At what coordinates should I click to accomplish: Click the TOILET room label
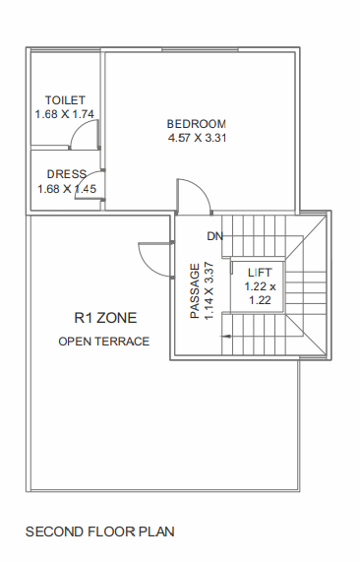pos(65,100)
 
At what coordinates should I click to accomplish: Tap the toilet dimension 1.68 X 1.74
pos(65,114)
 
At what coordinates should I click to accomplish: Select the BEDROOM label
pos(197,124)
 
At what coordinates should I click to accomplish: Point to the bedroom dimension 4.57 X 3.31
pos(197,138)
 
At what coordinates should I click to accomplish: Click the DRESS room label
pos(66,174)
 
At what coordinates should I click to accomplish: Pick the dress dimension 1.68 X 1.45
pos(66,188)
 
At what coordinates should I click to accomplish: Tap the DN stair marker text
pos(214,236)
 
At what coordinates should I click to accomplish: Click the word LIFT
pos(260,272)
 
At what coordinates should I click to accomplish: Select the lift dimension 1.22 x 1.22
pos(260,293)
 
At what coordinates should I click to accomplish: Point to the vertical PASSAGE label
pos(195,290)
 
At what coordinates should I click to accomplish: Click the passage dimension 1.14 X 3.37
pos(209,290)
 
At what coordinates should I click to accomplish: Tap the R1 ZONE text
pos(104,318)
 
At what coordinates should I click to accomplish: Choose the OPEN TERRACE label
pos(104,342)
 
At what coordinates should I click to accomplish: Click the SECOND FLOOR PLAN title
pos(99,532)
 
